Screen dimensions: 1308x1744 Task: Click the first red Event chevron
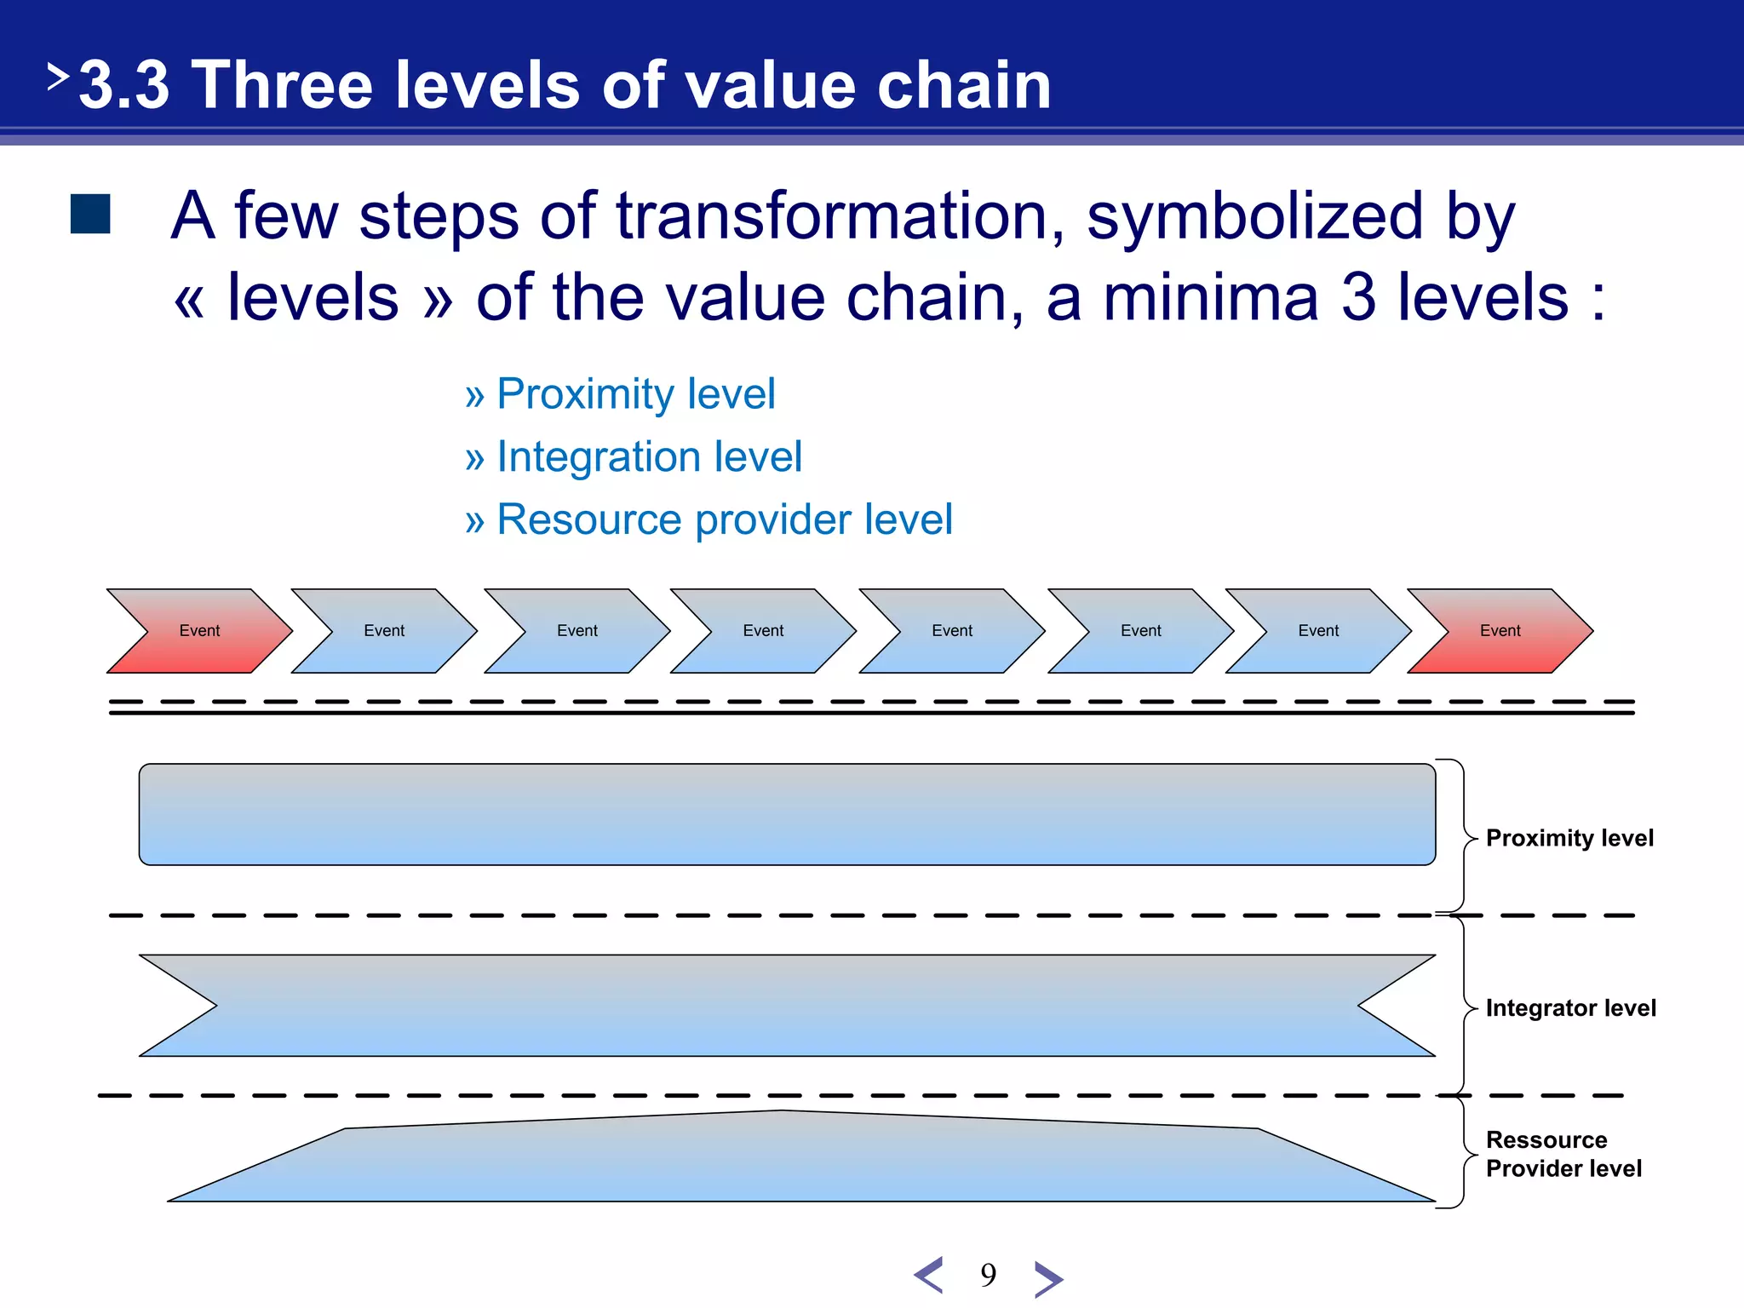[199, 631]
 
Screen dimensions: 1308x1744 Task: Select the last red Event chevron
[1500, 631]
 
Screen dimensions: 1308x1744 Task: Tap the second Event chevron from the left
[384, 631]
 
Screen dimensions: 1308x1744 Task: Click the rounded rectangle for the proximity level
[787, 815]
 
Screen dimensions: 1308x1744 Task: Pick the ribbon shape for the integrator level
[787, 1006]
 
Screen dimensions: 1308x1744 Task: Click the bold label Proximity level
[1569, 838]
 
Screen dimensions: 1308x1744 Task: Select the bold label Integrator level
[1570, 1008]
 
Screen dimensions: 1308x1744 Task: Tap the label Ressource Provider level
[1563, 1154]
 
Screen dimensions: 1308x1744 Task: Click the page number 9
[988, 1275]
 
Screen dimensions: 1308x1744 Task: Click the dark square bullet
[90, 214]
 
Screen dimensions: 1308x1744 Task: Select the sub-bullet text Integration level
[649, 456]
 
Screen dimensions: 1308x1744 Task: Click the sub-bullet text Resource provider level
[724, 519]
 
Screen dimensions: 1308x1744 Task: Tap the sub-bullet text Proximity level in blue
[635, 394]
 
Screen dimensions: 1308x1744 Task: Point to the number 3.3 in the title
[124, 85]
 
